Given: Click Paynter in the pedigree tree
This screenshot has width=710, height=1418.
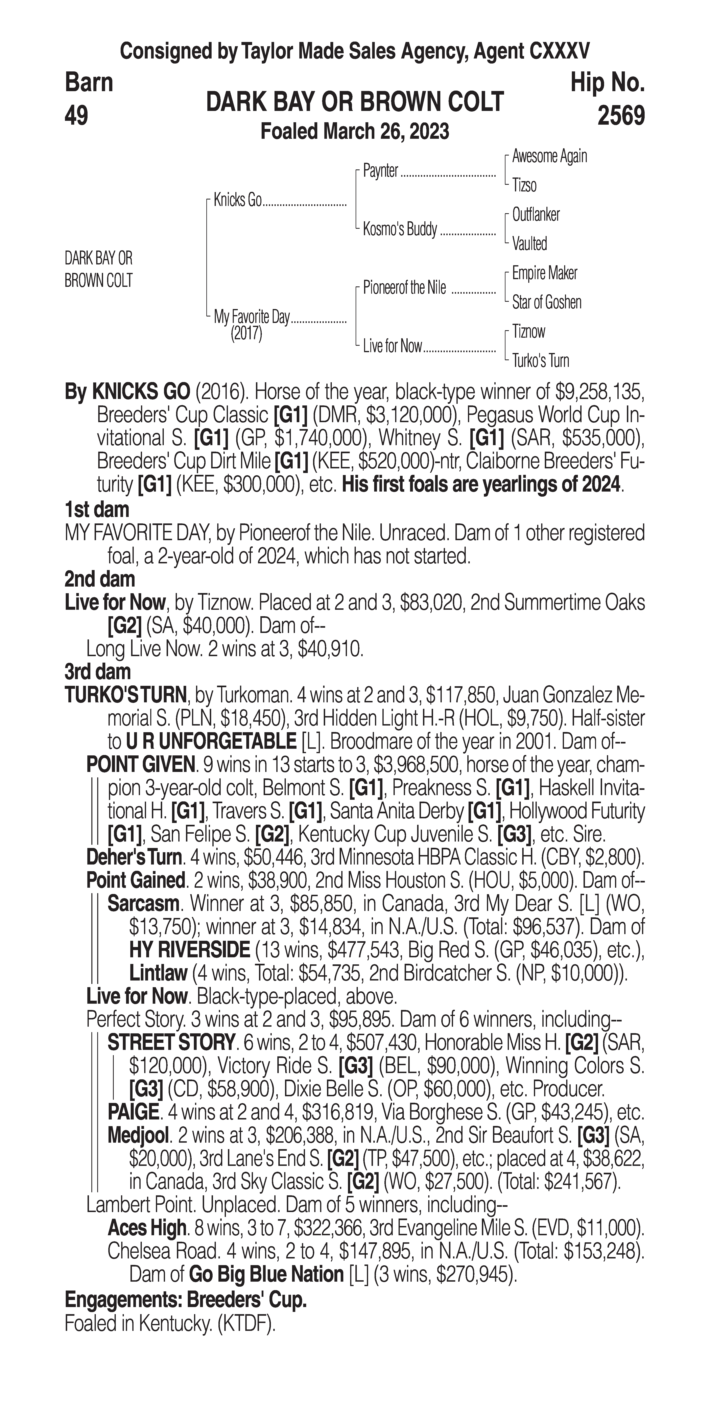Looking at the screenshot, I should tap(380, 171).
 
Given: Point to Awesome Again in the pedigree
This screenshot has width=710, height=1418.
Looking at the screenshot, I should tap(549, 156).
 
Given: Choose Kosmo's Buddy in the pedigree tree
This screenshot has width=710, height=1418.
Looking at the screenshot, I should tap(400, 229).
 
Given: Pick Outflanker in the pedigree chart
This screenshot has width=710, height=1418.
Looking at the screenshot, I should tap(536, 215).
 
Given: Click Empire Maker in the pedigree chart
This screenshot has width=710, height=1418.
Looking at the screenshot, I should tap(544, 273).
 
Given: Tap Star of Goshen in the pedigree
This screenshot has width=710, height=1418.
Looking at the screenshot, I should tap(547, 302).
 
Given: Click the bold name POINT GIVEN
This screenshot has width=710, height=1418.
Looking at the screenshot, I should tap(140, 765).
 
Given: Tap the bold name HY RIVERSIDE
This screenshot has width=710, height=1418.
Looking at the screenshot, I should tap(189, 950).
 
